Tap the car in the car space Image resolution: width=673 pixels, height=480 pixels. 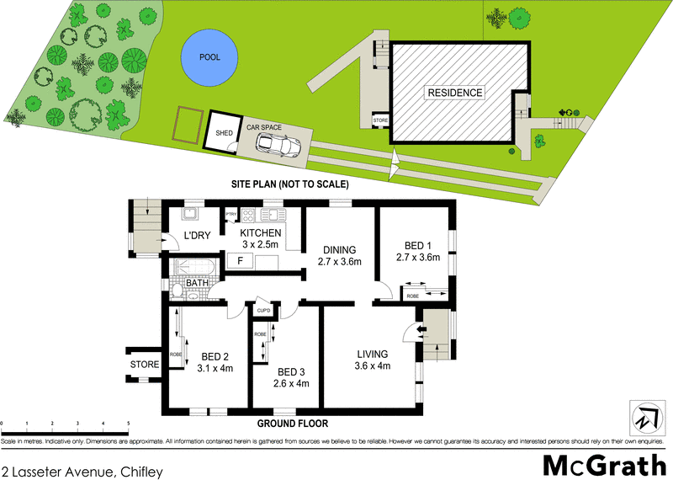click(x=278, y=146)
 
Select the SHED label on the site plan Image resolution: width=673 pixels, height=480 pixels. click(x=224, y=133)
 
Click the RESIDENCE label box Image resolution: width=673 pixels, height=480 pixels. click(x=454, y=93)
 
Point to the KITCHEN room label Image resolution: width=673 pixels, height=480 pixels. click(x=260, y=233)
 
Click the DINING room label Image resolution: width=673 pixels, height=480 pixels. click(x=340, y=250)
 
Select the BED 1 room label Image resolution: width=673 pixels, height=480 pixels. click(x=418, y=246)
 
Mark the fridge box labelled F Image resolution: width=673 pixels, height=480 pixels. click(x=240, y=261)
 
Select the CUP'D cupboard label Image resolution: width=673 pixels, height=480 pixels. click(x=262, y=311)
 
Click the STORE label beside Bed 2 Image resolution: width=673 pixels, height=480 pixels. click(x=145, y=365)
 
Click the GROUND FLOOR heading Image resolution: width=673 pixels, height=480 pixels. click(x=293, y=424)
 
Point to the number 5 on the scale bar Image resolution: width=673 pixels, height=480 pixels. click(x=129, y=424)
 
